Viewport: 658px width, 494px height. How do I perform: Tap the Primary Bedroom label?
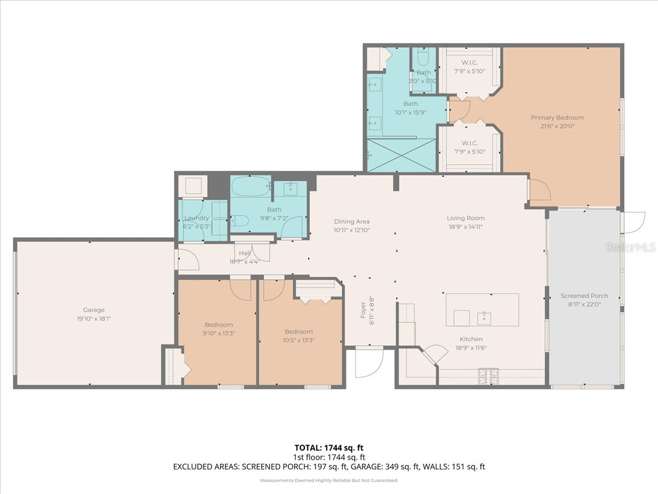point(557,117)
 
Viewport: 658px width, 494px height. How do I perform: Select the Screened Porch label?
point(584,296)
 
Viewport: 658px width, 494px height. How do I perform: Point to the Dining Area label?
point(351,222)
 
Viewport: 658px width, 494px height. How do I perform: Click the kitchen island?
point(482,310)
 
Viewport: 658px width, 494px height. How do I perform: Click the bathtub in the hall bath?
point(251,187)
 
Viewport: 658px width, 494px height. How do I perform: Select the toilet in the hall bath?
point(240,221)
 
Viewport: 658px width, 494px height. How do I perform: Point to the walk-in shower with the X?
point(401,155)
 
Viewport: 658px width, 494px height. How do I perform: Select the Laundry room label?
point(196,218)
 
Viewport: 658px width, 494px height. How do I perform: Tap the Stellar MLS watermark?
point(630,248)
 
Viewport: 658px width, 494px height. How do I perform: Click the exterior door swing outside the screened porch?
point(634,222)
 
